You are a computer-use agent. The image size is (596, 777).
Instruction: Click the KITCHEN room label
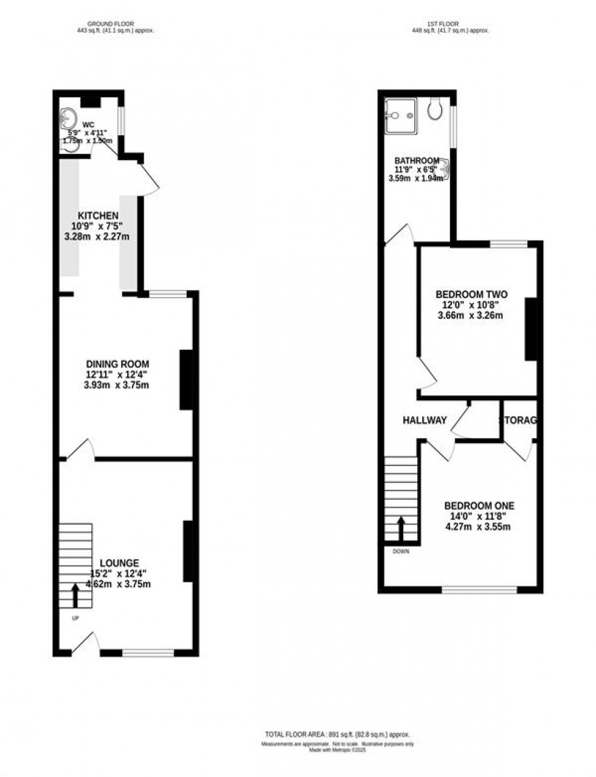[x=97, y=216]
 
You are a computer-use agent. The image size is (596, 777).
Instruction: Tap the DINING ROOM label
[x=117, y=364]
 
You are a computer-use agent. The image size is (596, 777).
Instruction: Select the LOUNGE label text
[x=114, y=563]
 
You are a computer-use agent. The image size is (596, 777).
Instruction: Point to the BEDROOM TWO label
[x=471, y=294]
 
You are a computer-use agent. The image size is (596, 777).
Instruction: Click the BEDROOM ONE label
[x=479, y=506]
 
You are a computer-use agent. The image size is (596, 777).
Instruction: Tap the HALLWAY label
[x=424, y=420]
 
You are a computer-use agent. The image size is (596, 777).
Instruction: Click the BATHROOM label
[x=417, y=161]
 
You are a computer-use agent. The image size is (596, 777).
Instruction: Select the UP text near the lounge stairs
[x=76, y=618]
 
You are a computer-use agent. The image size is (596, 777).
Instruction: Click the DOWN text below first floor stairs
[x=401, y=552]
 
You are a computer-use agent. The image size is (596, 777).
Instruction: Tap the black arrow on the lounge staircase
[x=75, y=596]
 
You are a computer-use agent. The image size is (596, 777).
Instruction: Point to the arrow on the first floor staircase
[x=401, y=528]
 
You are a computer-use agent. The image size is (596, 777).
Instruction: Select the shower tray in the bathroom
[x=400, y=114]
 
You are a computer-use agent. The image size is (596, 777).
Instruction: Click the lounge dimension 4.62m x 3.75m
[x=120, y=584]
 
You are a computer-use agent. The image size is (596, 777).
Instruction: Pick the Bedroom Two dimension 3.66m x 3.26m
[x=471, y=315]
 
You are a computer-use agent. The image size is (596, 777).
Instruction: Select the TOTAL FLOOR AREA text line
[x=337, y=734]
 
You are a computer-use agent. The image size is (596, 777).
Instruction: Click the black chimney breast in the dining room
[x=187, y=380]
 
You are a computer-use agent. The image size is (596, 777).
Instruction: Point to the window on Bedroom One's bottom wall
[x=479, y=589]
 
